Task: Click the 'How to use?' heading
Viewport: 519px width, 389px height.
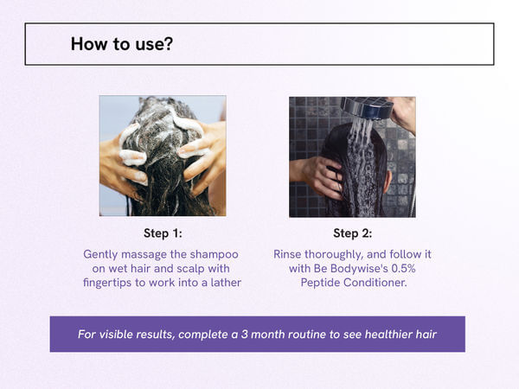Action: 120,44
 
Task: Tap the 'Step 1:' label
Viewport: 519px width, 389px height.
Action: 162,233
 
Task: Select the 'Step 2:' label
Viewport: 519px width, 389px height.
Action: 352,233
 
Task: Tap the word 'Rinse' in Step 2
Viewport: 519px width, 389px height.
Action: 290,255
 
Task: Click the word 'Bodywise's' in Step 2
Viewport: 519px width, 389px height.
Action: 361,270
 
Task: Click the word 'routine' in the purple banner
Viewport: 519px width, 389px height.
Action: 298,335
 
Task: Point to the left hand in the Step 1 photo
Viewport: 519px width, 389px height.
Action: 121,161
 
